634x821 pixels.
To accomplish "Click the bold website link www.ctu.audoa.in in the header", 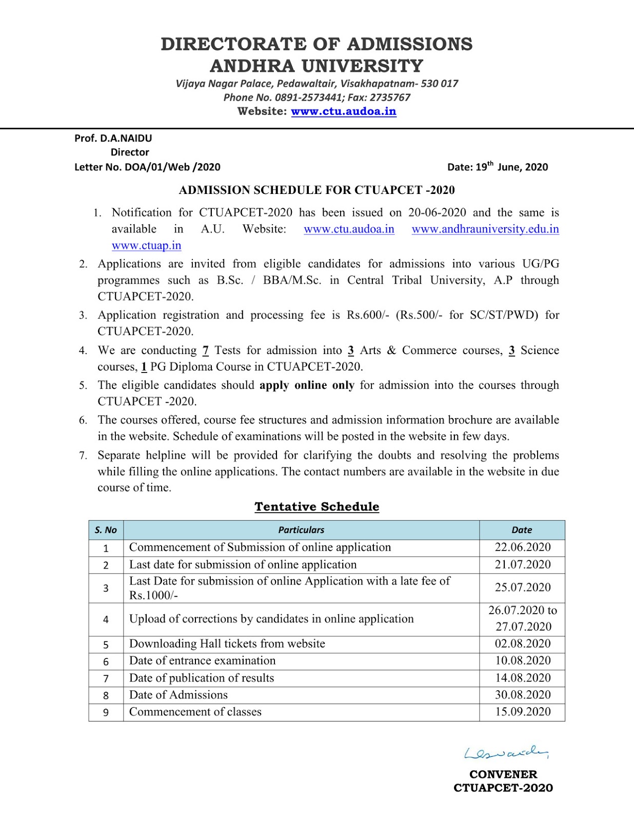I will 343,111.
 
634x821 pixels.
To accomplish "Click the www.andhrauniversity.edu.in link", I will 485,229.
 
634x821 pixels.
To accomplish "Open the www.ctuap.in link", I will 146,245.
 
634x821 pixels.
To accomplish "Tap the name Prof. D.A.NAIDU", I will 113,138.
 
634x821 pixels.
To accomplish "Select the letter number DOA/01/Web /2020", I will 172,167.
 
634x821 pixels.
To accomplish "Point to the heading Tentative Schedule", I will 316,506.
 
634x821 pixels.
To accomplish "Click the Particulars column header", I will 301,530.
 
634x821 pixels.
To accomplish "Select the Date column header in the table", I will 522,530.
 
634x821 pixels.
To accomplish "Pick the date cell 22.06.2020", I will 522,548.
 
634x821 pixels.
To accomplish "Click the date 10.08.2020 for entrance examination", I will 522,661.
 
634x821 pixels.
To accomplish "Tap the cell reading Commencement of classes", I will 195,712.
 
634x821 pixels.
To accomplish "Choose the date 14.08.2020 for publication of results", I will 522,678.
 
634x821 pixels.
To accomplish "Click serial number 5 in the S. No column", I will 106,645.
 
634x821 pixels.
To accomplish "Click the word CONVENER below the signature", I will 503,774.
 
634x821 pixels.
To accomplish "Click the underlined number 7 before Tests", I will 205,350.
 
